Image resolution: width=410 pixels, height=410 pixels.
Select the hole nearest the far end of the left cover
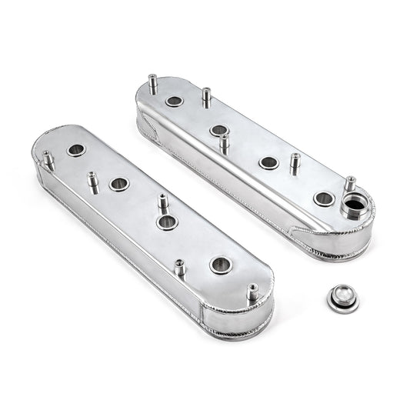[76, 150]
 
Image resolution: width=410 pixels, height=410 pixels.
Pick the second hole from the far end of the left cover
[118, 184]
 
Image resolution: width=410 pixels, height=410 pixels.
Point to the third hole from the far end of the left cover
[167, 222]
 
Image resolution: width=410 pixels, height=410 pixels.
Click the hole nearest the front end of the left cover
[219, 265]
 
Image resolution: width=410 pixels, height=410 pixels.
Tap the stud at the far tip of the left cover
[48, 160]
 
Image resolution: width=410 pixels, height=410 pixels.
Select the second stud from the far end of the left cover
[93, 182]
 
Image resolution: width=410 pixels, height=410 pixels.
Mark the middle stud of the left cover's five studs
[163, 203]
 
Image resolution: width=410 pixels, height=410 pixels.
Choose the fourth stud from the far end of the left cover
[179, 268]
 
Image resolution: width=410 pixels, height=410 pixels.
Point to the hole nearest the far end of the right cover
[174, 101]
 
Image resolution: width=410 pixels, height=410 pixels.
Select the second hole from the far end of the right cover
[218, 130]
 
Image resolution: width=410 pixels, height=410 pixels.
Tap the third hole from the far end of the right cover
[268, 162]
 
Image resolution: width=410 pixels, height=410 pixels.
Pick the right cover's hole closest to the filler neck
[323, 198]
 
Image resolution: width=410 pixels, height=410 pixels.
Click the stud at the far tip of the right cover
[152, 82]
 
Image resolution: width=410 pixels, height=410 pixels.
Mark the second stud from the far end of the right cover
[206, 97]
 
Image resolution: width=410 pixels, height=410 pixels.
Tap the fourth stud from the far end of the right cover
[295, 162]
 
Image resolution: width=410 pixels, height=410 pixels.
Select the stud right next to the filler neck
[349, 185]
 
